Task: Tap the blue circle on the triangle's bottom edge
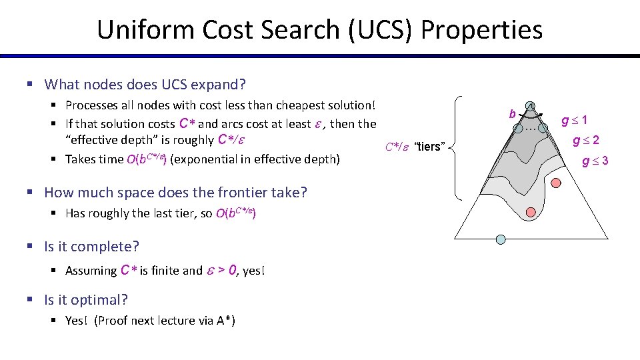[501, 239]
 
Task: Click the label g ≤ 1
[575, 121]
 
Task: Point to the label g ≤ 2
[586, 141]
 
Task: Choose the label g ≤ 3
[595, 161]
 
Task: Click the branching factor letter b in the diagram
[512, 115]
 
